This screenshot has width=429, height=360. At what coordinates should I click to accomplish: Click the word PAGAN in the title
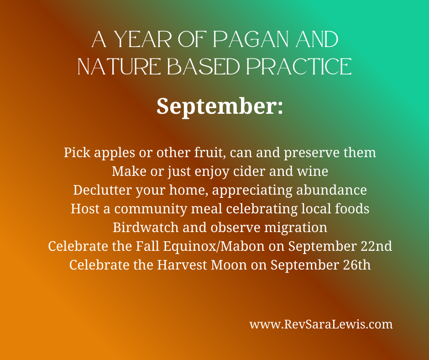click(x=251, y=39)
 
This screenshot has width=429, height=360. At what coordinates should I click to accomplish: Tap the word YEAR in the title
click(x=142, y=39)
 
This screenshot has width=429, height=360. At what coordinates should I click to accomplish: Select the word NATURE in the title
click(x=119, y=67)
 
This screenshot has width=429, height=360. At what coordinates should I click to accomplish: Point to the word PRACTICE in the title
click(x=299, y=67)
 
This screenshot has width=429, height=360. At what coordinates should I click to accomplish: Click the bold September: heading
click(x=220, y=106)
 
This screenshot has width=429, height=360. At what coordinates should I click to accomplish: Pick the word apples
click(x=115, y=153)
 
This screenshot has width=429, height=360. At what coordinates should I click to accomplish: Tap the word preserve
click(x=312, y=153)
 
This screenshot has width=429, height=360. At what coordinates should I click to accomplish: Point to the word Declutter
click(x=102, y=190)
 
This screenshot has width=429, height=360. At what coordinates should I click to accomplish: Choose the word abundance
click(x=331, y=190)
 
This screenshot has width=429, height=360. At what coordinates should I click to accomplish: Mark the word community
click(x=151, y=209)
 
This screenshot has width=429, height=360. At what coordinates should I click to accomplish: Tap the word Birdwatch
click(x=146, y=228)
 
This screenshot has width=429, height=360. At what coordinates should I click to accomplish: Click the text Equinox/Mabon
click(x=214, y=246)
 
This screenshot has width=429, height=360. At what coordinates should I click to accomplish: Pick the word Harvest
click(x=182, y=265)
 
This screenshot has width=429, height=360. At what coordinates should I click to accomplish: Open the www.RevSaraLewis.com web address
click(x=321, y=324)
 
